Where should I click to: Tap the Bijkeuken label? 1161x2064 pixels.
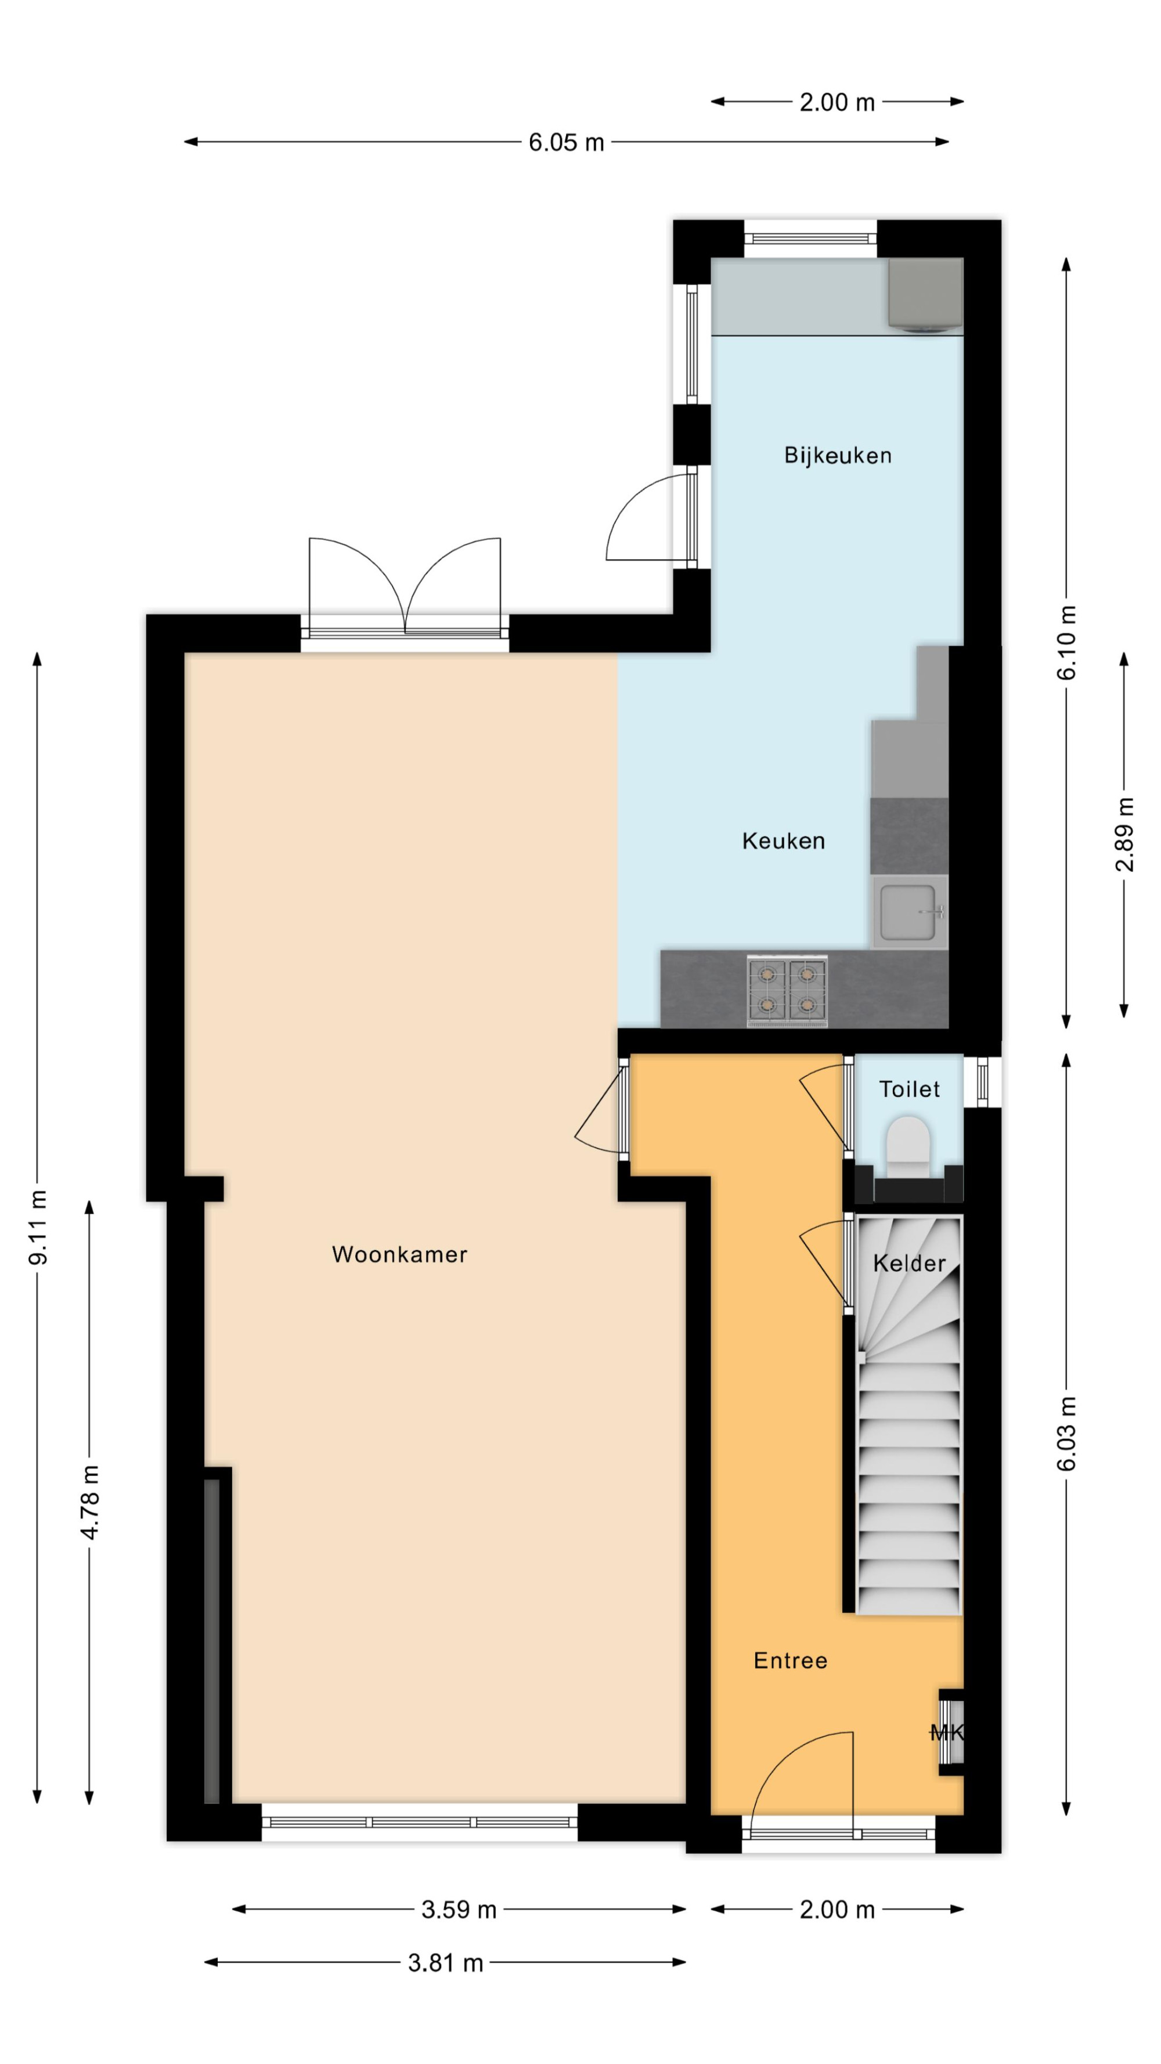click(837, 455)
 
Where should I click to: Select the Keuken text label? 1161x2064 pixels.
click(783, 840)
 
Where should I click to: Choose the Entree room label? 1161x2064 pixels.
click(790, 1661)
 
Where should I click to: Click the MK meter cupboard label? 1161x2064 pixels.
click(947, 1733)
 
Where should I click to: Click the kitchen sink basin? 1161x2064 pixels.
click(908, 912)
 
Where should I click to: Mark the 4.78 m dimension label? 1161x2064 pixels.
click(90, 1502)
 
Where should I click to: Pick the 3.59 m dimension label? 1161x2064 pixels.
click(459, 1910)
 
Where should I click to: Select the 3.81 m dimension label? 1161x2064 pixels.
click(445, 1963)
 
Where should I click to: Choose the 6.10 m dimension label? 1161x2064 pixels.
click(1066, 643)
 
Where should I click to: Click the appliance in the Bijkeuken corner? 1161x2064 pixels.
click(925, 294)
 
